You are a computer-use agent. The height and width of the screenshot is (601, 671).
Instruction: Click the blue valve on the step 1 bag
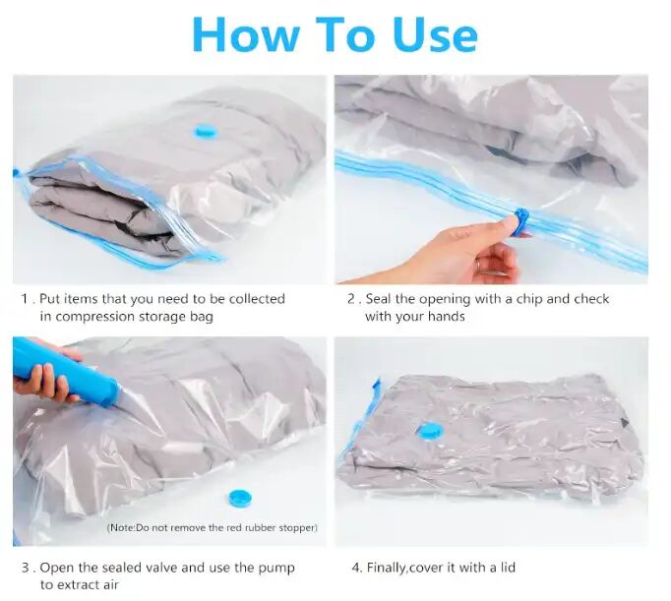[x=206, y=131]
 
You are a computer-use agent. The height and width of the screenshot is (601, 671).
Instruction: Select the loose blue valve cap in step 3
[x=239, y=499]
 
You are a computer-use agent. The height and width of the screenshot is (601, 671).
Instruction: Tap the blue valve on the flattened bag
[x=430, y=430]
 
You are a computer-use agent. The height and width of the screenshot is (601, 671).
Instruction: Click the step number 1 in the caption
[x=24, y=298]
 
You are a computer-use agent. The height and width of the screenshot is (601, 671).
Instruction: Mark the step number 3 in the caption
[x=25, y=568]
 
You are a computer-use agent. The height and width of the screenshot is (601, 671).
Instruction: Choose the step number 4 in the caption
[x=355, y=568]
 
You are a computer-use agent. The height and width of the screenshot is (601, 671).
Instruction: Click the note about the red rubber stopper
[x=212, y=528]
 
